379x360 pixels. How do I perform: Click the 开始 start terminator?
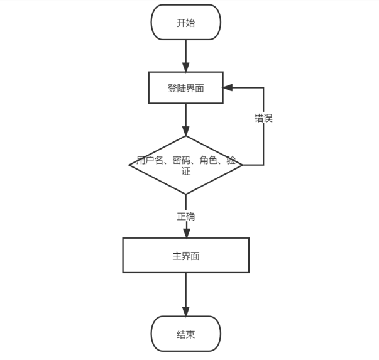pyautogui.click(x=186, y=23)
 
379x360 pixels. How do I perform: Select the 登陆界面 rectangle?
pyautogui.click(x=186, y=88)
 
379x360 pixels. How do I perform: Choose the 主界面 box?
pyautogui.click(x=186, y=256)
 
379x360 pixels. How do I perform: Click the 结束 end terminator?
pyautogui.click(x=186, y=334)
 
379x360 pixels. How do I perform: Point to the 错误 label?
pyautogui.click(x=263, y=117)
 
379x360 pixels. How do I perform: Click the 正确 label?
pyautogui.click(x=186, y=216)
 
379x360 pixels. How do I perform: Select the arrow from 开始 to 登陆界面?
pyautogui.click(x=186, y=55)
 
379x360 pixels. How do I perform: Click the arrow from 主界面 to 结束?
pyautogui.click(x=186, y=293)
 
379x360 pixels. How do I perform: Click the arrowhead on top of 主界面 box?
pyautogui.click(x=186, y=233)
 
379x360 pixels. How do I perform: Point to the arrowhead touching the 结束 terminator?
pyautogui.click(x=186, y=312)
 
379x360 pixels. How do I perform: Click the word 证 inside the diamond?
pyautogui.click(x=186, y=171)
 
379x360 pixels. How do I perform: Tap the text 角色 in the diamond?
pyautogui.click(x=208, y=160)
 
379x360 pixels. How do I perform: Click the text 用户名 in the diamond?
pyautogui.click(x=150, y=160)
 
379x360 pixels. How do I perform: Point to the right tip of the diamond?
pyautogui.click(x=242, y=165)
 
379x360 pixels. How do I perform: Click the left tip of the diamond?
pyautogui.click(x=129, y=165)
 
